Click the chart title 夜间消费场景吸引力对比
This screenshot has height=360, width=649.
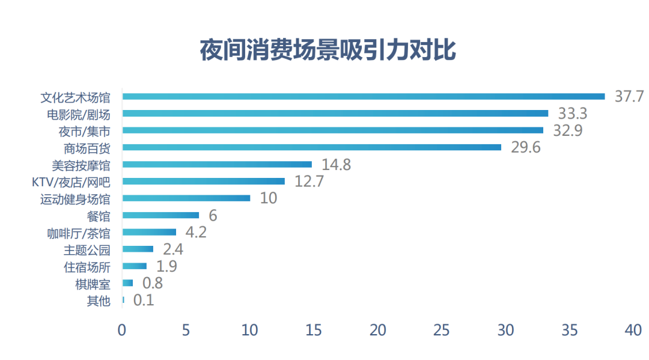click(x=328, y=51)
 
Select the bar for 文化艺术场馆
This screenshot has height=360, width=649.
click(x=363, y=96)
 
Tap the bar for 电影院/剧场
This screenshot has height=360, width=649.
click(x=335, y=113)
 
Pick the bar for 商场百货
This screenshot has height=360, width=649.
click(x=311, y=147)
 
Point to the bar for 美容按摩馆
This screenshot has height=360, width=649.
click(x=217, y=164)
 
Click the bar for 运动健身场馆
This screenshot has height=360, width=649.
click(x=186, y=198)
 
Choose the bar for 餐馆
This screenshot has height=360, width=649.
click(x=160, y=215)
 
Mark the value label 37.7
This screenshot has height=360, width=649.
click(x=629, y=96)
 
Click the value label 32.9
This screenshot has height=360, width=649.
click(x=567, y=130)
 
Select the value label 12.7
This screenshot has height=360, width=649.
click(x=309, y=182)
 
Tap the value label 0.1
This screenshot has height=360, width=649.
click(x=144, y=300)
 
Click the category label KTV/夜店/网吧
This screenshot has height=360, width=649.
click(x=71, y=182)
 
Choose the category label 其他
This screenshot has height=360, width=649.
click(x=99, y=300)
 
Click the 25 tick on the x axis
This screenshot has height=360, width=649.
click(x=441, y=330)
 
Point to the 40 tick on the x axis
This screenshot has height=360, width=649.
click(x=633, y=330)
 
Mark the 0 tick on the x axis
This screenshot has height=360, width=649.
click(x=122, y=330)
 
